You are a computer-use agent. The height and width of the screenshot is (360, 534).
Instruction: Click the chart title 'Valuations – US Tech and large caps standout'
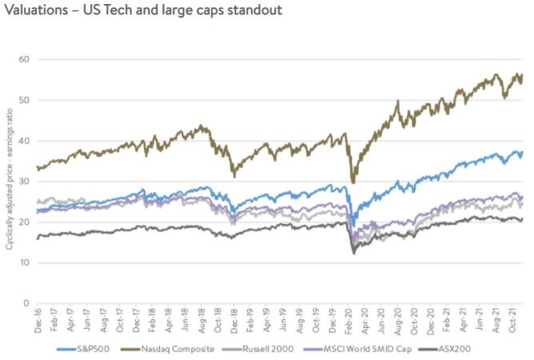tap(143, 14)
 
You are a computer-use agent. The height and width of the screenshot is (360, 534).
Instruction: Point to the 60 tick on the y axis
tap(24, 59)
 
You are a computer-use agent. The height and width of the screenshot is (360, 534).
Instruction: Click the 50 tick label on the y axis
tap(24, 100)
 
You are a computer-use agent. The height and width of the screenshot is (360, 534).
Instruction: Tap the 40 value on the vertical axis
tap(24, 141)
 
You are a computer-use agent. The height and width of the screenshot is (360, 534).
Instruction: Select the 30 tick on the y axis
tap(24, 182)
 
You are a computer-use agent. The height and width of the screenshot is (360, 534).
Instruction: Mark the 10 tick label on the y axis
tap(24, 262)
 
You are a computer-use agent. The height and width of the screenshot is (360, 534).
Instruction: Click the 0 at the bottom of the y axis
tap(26, 303)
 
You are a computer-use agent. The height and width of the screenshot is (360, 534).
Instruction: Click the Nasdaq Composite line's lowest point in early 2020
tap(353, 182)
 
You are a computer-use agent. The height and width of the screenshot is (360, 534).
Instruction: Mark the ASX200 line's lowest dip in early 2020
tap(353, 254)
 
